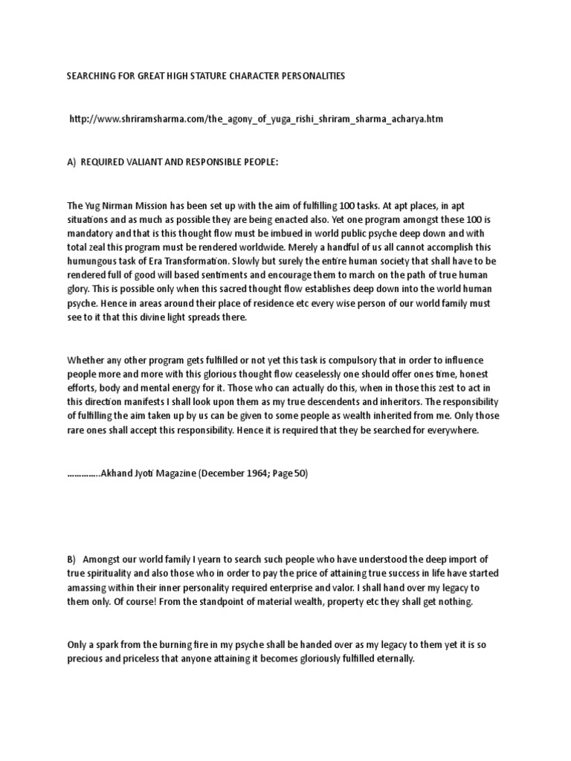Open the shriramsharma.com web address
point(257,119)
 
